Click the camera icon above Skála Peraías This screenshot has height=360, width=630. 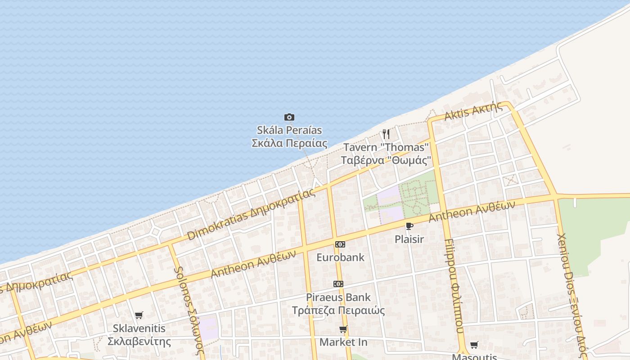coord(289,117)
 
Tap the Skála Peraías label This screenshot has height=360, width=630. coord(289,137)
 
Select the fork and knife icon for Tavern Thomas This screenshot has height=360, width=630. coord(386,134)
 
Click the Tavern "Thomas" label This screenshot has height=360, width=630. coord(386,153)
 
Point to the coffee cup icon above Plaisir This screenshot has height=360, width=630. coord(409,226)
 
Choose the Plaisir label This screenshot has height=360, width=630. coord(409,239)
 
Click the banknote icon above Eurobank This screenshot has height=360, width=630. coord(340,244)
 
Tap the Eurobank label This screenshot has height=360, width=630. coord(340,257)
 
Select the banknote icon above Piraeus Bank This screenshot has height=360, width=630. coord(338,284)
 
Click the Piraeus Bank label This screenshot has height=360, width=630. coord(338,304)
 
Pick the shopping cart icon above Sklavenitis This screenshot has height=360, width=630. coord(139,315)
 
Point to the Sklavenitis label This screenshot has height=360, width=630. coord(139,335)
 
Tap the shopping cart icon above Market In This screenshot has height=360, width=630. coord(343,329)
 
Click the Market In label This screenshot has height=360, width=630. coord(343,342)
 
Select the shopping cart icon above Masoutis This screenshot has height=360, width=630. coord(474,345)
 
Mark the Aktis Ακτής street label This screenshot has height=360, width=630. coord(473,111)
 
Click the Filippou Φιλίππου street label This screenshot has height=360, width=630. coord(454,286)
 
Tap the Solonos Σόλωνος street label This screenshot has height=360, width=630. coord(189,310)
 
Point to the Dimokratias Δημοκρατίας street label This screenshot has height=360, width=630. coord(251,214)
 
